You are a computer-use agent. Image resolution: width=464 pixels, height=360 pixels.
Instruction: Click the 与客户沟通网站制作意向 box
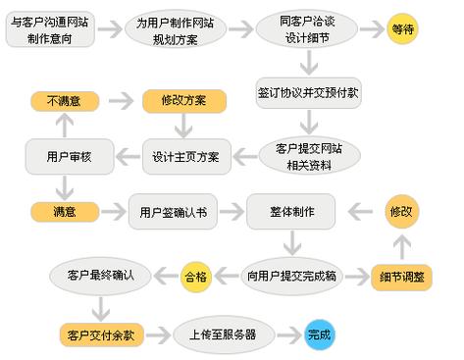[53, 29]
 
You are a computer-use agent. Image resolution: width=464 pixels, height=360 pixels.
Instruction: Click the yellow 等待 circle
[403, 29]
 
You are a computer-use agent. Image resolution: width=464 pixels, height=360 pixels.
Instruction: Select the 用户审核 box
[65, 155]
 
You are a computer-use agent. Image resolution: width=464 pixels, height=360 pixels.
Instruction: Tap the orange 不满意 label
[65, 100]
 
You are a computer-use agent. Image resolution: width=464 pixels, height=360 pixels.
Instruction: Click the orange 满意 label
[65, 210]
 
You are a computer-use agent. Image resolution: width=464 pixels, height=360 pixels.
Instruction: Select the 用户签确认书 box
[173, 211]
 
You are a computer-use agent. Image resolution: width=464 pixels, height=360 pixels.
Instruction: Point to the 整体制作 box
[290, 210]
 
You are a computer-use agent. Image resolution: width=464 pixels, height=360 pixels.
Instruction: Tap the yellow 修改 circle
[403, 210]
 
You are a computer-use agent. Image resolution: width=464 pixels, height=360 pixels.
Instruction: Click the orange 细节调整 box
[402, 277]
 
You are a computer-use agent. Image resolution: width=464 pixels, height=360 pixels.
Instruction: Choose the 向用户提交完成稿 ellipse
[292, 277]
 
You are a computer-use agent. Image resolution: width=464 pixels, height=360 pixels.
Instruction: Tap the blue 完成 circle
[320, 334]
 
